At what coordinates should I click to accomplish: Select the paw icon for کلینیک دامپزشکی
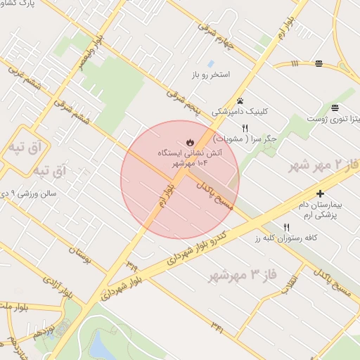coord(240,101)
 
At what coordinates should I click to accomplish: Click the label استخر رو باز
coord(226,74)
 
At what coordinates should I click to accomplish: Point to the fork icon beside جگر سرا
coord(245,129)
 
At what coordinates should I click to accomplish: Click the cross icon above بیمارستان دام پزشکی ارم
coord(321,193)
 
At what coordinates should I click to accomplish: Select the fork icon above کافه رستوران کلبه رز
coord(286,228)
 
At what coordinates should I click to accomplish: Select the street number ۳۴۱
coord(217,325)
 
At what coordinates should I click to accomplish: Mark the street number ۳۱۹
coord(131,265)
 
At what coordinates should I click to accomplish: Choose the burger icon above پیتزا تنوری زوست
coord(335,108)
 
